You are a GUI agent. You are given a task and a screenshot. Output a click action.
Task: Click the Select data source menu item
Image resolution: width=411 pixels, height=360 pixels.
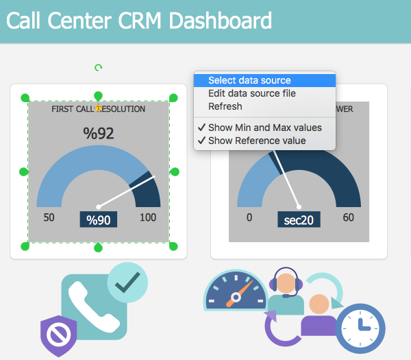[249, 80]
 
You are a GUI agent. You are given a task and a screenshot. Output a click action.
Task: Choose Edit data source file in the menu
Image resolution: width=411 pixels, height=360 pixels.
[252, 93]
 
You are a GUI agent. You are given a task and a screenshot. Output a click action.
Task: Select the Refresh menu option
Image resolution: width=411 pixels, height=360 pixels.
[225, 106]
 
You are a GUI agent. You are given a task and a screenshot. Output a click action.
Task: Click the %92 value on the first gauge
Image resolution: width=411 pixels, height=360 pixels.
[99, 133]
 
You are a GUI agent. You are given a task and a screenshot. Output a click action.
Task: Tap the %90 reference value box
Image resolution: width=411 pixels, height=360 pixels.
[98, 219]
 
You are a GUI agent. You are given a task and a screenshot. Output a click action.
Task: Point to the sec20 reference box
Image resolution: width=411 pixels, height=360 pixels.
[299, 219]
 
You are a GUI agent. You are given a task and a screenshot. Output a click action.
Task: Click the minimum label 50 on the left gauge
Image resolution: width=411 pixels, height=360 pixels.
[49, 218]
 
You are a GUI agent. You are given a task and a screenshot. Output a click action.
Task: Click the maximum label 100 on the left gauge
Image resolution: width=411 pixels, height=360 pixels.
[147, 218]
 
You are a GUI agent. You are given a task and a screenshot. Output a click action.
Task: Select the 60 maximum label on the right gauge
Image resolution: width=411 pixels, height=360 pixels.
[349, 218]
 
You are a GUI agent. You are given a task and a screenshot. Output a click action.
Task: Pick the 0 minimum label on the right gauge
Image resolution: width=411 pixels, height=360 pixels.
[249, 218]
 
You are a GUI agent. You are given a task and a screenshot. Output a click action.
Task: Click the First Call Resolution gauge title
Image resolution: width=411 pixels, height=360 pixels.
[99, 109]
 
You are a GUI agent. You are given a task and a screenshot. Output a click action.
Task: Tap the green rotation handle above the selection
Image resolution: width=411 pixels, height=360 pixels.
[98, 67]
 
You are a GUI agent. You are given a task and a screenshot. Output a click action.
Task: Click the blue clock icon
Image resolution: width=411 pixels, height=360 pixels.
[360, 328]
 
